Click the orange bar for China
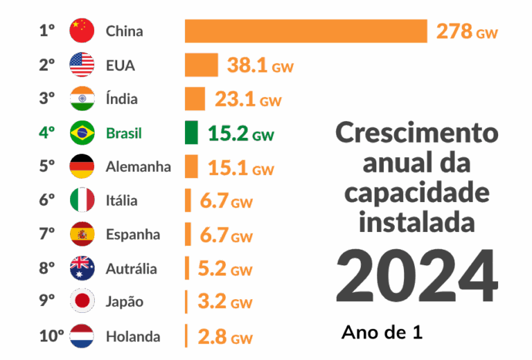305,31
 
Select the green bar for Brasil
192,133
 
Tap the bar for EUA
202,65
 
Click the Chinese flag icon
82,31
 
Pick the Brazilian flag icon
82,133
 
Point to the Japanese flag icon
82,302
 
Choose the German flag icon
82,167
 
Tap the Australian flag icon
82,268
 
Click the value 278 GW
466,31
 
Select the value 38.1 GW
260,66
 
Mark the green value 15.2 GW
241,134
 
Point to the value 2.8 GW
225,337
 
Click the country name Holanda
133,336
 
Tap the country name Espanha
133,235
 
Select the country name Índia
122,99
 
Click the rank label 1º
47,31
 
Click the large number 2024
416,274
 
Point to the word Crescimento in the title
416,133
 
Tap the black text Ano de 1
382,332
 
